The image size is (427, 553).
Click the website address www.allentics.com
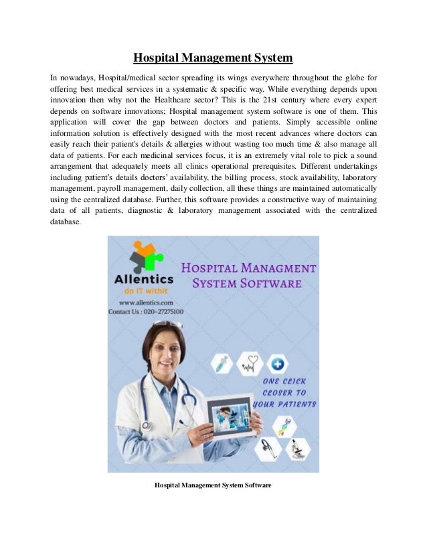(x=139, y=303)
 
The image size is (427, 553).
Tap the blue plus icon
(x=278, y=365)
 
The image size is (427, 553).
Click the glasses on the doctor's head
(x=168, y=325)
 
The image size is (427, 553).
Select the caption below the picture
(x=213, y=484)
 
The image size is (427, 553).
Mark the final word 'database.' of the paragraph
(x=66, y=224)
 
